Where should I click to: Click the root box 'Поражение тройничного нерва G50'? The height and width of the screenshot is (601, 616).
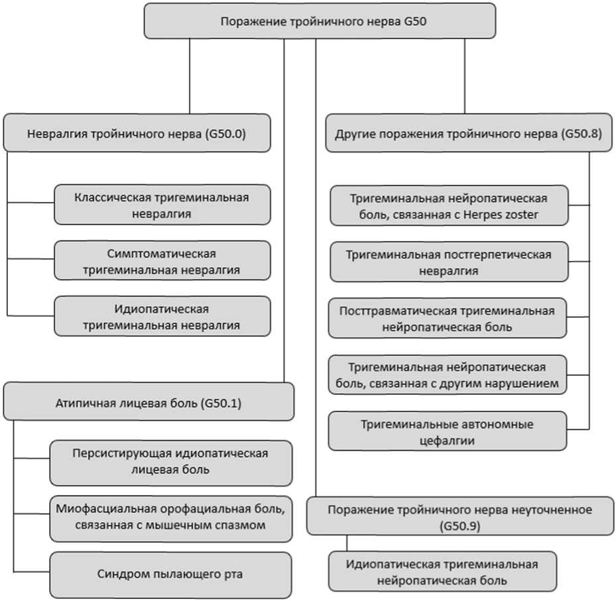[320, 21]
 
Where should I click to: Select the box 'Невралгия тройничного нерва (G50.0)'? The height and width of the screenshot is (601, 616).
[137, 133]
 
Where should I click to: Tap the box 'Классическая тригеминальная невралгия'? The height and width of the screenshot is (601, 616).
[162, 205]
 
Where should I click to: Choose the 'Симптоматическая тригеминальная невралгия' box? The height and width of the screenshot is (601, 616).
[162, 260]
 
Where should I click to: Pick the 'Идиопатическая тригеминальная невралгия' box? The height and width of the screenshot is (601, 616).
[162, 316]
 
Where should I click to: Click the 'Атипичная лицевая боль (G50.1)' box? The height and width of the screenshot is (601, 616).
[149, 402]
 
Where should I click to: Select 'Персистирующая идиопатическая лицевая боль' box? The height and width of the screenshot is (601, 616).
[171, 463]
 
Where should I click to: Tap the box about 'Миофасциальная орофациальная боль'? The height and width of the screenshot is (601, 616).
[171, 519]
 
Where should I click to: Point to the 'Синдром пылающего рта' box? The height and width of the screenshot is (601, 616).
[170, 575]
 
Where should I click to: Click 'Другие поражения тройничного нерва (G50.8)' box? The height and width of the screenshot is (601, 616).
[469, 133]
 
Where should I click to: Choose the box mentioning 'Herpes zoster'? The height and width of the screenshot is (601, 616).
[449, 205]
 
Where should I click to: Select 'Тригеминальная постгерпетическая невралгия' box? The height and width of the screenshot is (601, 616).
[449, 262]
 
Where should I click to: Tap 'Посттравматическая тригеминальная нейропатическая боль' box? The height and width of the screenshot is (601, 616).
[448, 318]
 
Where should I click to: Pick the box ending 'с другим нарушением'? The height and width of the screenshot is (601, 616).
[448, 375]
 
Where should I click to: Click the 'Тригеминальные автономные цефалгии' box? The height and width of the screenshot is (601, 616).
[448, 431]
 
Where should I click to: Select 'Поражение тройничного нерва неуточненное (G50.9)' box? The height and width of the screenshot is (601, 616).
[460, 516]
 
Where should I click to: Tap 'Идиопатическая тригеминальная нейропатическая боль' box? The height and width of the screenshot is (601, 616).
[442, 572]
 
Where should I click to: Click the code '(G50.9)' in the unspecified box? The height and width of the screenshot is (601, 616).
[460, 526]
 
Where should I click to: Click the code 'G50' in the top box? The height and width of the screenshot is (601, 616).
[415, 21]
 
